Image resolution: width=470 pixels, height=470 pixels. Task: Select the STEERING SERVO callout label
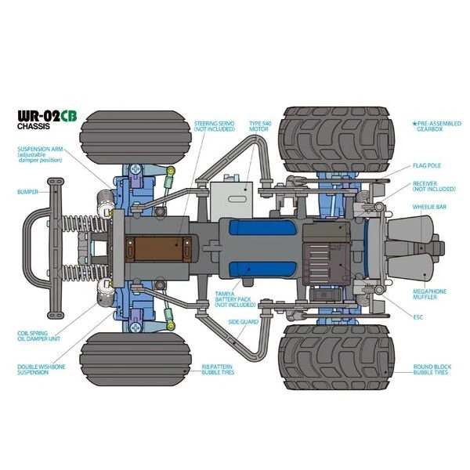[x=214, y=127]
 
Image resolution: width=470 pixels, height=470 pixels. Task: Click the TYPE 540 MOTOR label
[x=261, y=127]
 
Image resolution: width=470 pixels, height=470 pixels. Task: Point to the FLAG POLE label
[x=428, y=166]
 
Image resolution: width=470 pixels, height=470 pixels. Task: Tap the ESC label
[x=418, y=317]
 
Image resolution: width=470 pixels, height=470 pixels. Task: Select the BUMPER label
[x=27, y=191]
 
